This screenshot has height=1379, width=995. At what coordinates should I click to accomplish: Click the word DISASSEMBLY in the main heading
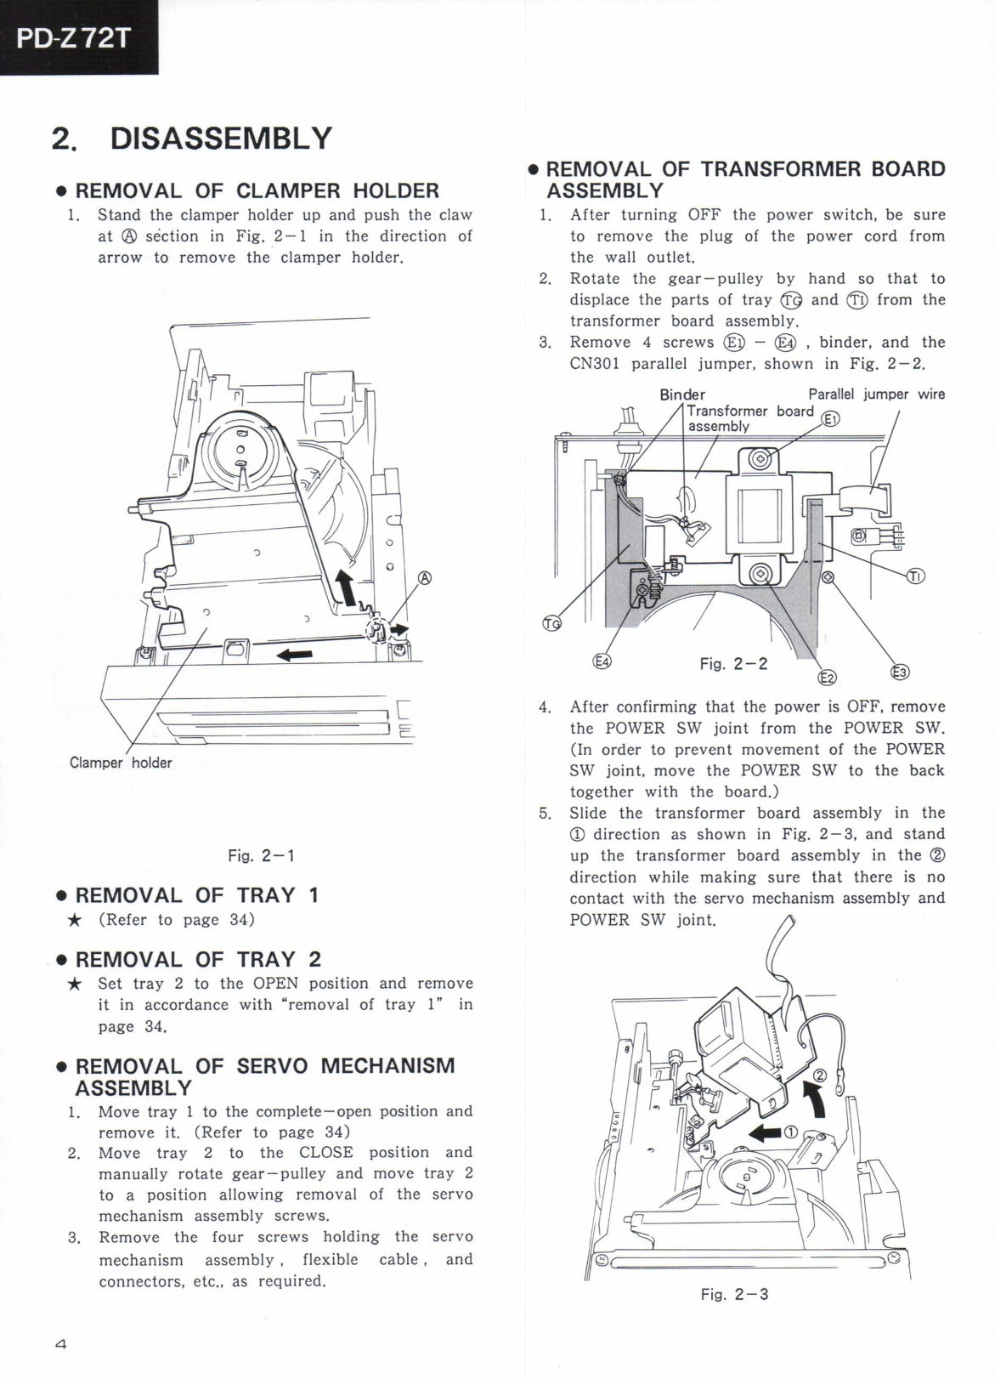(x=221, y=139)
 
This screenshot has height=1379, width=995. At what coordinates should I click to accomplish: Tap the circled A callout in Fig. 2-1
(x=425, y=579)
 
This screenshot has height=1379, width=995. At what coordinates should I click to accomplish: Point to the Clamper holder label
(x=121, y=763)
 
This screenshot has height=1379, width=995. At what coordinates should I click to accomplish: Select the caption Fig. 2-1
(x=261, y=855)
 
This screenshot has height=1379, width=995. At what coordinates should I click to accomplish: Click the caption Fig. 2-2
(x=733, y=663)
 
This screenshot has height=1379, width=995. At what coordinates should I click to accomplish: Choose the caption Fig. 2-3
(x=734, y=1295)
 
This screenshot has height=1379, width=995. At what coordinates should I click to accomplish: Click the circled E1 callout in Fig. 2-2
(x=831, y=417)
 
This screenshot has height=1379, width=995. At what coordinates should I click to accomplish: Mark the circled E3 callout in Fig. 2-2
(x=899, y=672)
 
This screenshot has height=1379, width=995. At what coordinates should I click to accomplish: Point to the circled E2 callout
(x=826, y=677)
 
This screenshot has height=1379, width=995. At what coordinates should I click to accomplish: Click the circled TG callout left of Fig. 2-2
(x=552, y=623)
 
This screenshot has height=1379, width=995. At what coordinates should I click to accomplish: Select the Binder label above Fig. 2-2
(x=682, y=394)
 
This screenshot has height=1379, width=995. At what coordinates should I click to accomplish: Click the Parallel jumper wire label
(x=876, y=394)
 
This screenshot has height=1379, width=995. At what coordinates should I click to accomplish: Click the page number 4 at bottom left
(x=60, y=1345)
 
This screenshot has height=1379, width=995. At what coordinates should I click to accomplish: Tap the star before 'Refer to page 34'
(x=75, y=920)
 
